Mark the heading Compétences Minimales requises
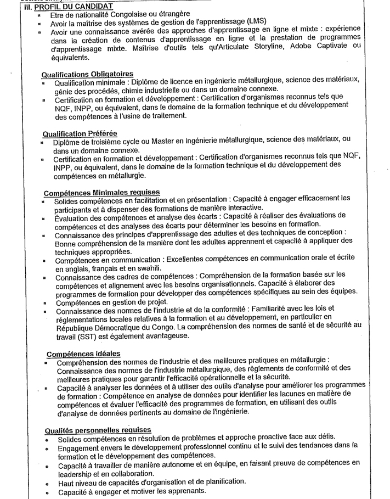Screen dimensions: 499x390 [x=101, y=193]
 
